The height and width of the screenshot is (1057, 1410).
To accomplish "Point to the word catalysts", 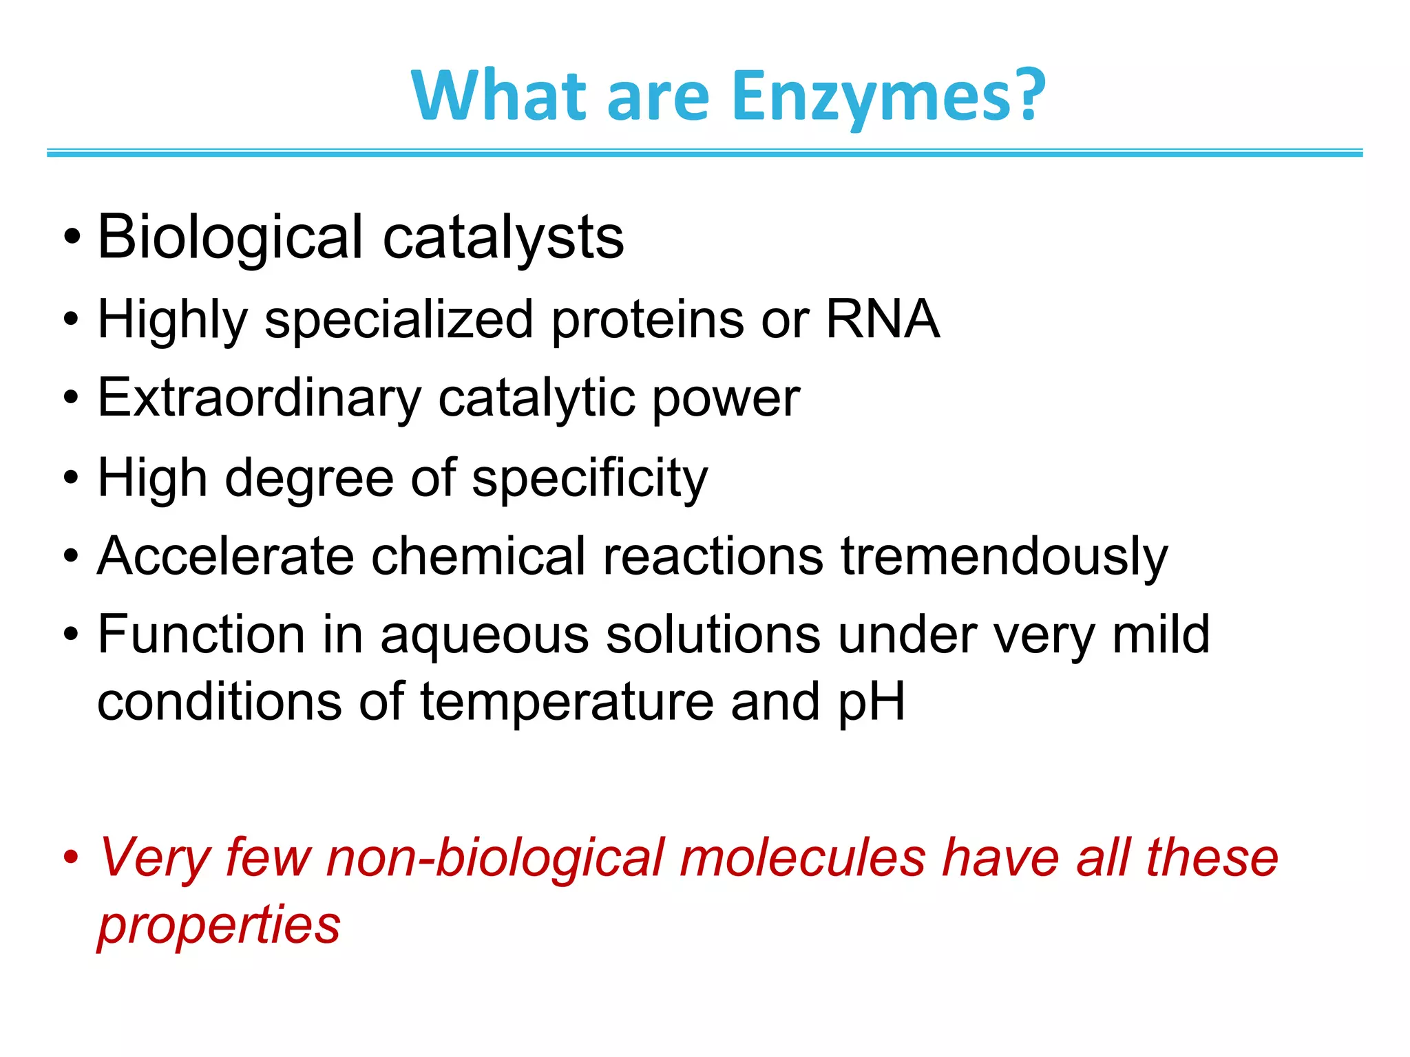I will [503, 237].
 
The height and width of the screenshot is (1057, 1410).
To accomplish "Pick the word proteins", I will [647, 321].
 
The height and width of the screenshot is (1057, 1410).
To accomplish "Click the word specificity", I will [589, 478].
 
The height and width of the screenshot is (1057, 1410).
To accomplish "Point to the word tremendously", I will [1004, 556].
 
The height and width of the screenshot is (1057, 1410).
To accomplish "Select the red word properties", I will [219, 926].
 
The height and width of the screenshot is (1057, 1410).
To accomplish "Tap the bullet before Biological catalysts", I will [72, 238].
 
